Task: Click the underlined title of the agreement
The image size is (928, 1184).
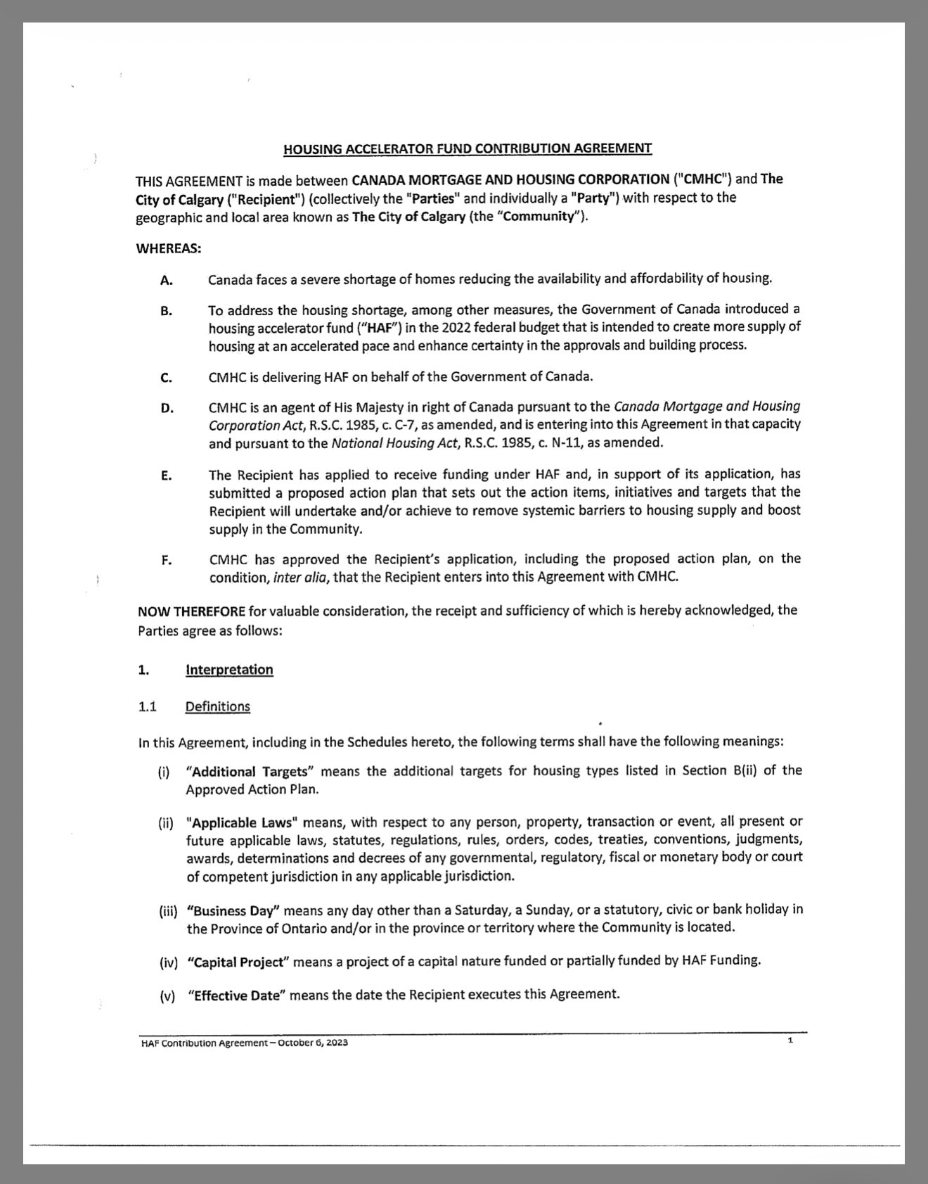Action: (468, 148)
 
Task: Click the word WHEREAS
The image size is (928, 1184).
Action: (168, 248)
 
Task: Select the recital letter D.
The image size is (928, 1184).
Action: (167, 408)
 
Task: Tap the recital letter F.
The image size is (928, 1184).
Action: (167, 561)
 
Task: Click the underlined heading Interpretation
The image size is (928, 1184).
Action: (229, 670)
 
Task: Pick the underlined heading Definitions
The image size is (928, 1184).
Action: (217, 706)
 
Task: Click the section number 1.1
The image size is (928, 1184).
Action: (148, 706)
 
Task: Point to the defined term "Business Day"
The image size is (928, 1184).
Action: (234, 911)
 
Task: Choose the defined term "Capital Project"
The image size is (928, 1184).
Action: (238, 962)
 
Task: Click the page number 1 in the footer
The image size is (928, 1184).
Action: (790, 1040)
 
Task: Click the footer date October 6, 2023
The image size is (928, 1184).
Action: (313, 1043)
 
